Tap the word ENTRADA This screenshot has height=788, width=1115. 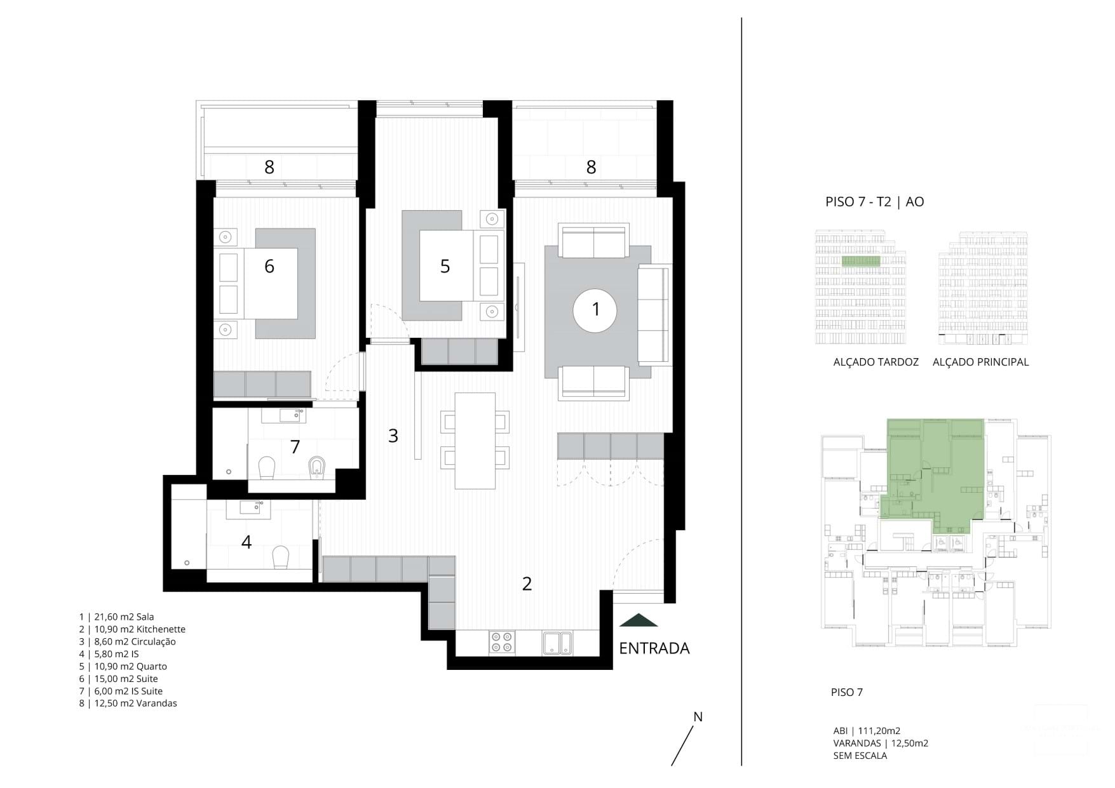[654, 648]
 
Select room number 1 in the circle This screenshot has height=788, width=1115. [595, 309]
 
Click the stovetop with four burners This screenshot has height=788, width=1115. [502, 643]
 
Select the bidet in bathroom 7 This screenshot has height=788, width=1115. [316, 469]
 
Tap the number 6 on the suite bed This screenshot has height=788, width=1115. [269, 266]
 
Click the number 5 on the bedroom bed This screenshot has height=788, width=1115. [445, 266]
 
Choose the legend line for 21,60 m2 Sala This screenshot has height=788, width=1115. [117, 617]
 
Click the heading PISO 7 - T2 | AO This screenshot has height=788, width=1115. [874, 202]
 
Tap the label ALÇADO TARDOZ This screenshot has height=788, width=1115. [875, 362]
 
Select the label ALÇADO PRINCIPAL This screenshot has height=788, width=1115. [980, 362]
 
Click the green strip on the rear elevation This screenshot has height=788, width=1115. [861, 261]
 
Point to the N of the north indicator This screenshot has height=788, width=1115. [698, 717]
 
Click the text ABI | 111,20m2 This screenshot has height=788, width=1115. [867, 731]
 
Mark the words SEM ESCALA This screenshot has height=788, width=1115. [860, 756]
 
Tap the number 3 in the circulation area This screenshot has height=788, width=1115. [393, 436]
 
